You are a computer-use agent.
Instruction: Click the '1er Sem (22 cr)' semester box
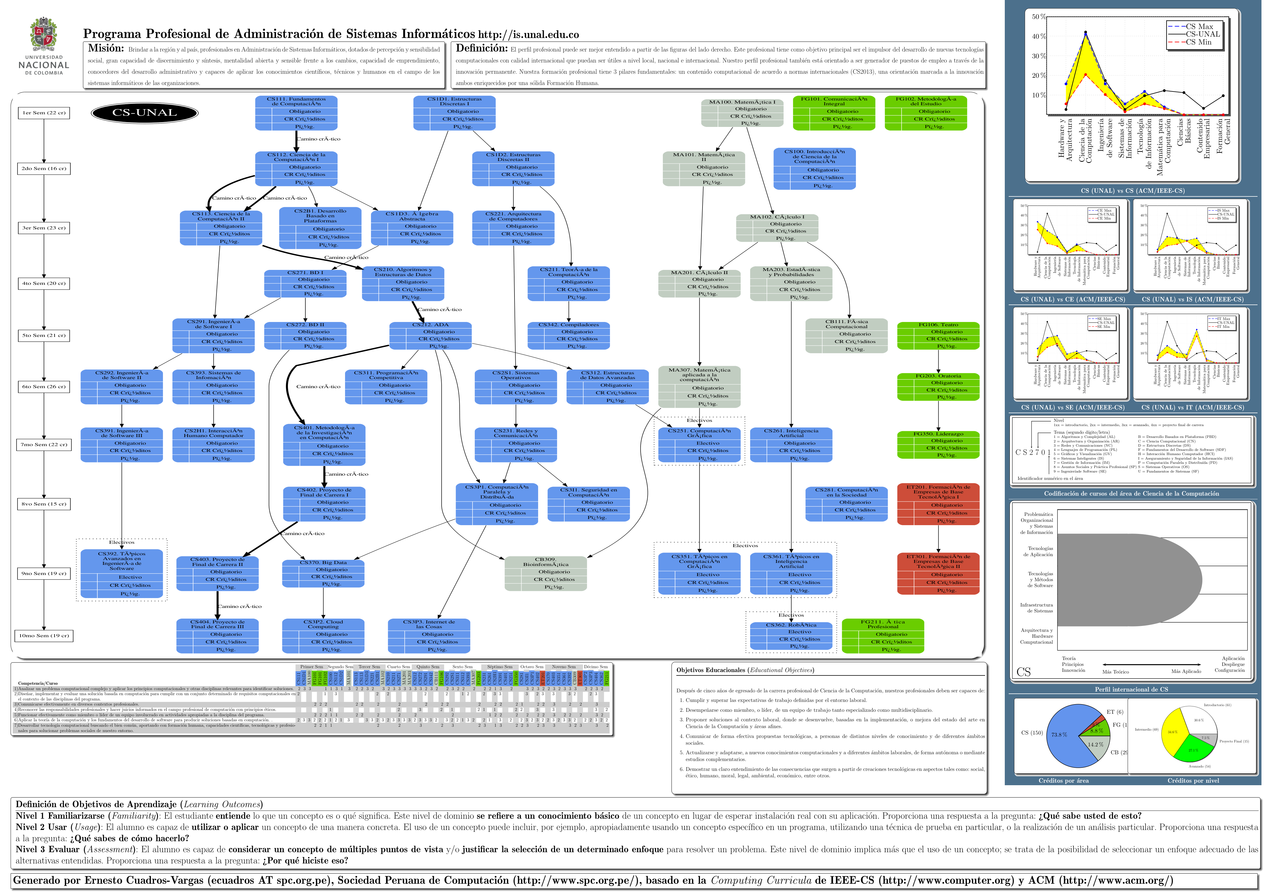44,113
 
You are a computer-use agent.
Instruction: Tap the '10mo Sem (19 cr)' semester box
44,636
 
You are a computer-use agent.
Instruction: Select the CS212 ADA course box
431,336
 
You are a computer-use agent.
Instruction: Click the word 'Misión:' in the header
106,48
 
